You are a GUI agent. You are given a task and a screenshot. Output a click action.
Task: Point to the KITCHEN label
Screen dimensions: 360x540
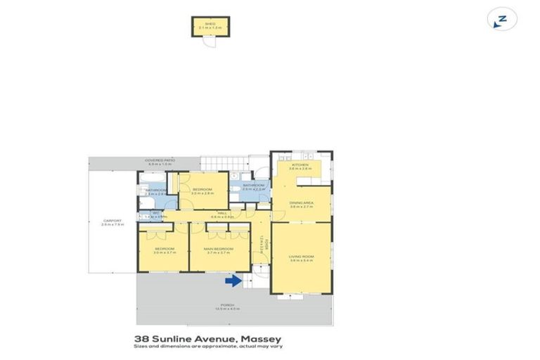pyautogui.click(x=301, y=165)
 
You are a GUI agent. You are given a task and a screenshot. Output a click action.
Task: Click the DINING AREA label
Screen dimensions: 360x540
pyautogui.click(x=301, y=203)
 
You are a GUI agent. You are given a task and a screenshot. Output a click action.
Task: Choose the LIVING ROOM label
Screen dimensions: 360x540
pyautogui.click(x=301, y=257)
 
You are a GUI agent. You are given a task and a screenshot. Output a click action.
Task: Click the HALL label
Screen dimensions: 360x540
pyautogui.click(x=221, y=212)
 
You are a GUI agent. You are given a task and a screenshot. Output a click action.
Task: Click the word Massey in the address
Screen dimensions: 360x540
pyautogui.click(x=262, y=338)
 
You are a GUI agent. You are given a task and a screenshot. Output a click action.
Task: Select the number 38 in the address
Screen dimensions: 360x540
pyautogui.click(x=141, y=338)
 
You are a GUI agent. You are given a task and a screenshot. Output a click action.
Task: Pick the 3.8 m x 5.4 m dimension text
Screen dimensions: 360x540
pyautogui.click(x=301, y=261)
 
